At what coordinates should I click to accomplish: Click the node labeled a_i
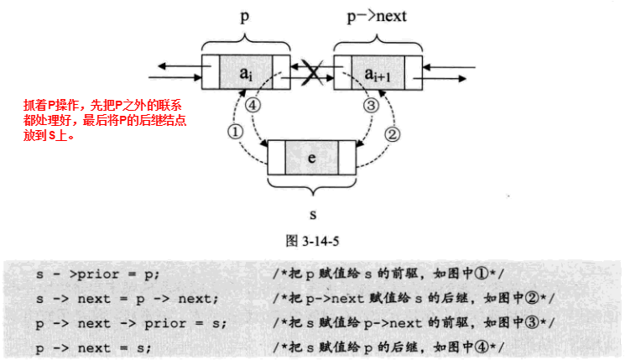tap(244, 74)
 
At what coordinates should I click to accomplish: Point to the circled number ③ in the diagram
tap(371, 105)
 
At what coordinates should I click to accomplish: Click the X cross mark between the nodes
tap(311, 74)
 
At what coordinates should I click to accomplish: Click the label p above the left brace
tap(245, 16)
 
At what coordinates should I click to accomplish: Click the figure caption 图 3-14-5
tap(313, 240)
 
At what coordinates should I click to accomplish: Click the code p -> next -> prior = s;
tap(131, 322)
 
